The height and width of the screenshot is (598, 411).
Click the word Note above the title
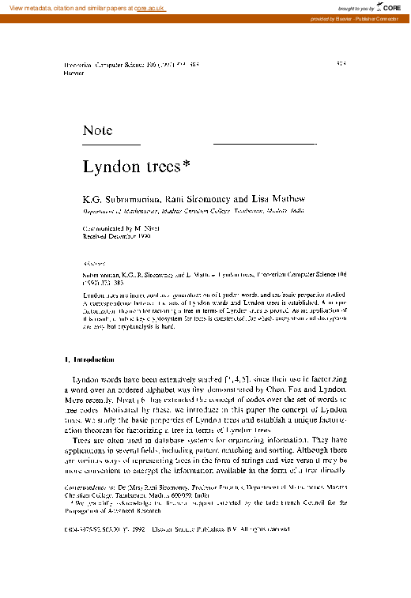[97, 130]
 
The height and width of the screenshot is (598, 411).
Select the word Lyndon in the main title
[107, 167]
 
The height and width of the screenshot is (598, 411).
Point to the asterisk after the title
[187, 164]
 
